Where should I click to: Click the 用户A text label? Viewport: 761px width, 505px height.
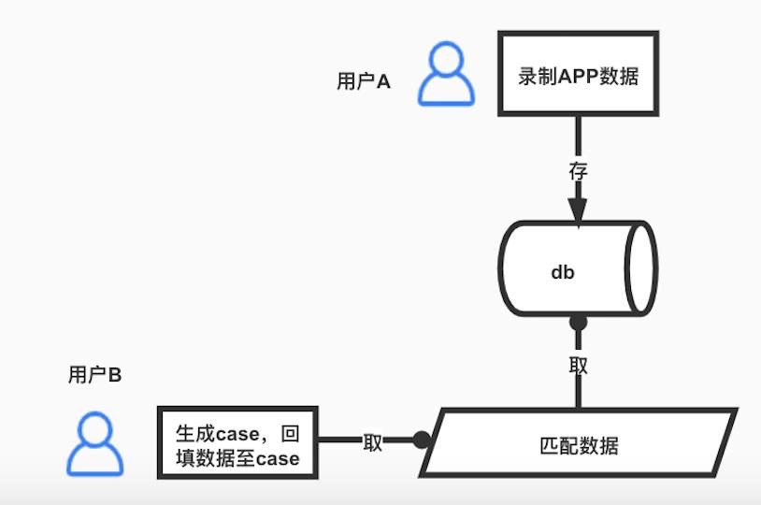pyautogui.click(x=363, y=81)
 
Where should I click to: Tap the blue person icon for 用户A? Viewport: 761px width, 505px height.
pyautogui.click(x=446, y=74)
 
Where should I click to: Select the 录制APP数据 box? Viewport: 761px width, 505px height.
pyautogui.click(x=578, y=74)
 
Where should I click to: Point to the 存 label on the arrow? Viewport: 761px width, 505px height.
pyautogui.click(x=579, y=172)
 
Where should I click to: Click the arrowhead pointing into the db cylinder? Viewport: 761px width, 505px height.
pyautogui.click(x=579, y=209)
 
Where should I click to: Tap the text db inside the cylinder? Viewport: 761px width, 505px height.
pyautogui.click(x=562, y=272)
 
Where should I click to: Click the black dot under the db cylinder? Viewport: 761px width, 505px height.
pyautogui.click(x=579, y=323)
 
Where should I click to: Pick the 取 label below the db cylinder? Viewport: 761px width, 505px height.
pyautogui.click(x=579, y=365)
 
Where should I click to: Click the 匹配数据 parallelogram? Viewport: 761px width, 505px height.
pyautogui.click(x=579, y=443)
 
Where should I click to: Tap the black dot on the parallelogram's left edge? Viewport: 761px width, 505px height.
pyautogui.click(x=423, y=440)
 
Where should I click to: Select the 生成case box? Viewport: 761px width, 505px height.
pyautogui.click(x=237, y=445)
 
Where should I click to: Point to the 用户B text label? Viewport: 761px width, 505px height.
pyautogui.click(x=94, y=375)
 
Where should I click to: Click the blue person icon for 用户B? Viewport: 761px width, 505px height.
pyautogui.click(x=94, y=443)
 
